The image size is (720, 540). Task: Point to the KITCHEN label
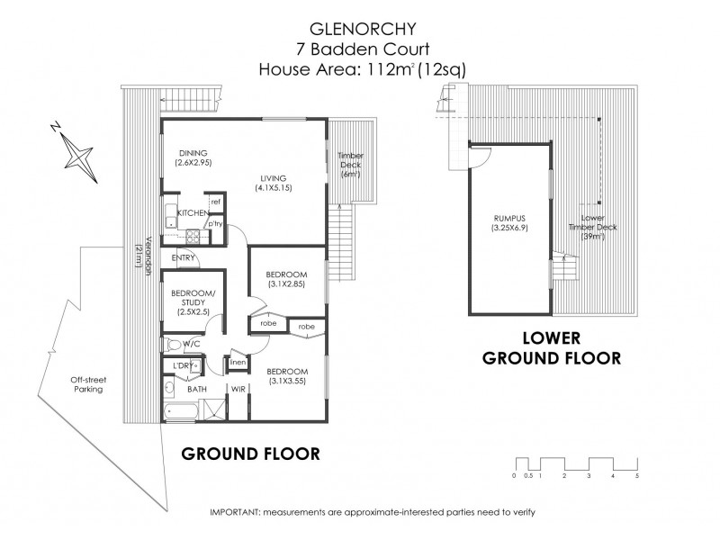(x=192, y=212)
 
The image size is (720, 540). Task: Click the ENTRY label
(x=184, y=257)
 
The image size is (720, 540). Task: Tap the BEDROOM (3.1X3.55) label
(x=287, y=376)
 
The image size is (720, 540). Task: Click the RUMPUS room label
(x=508, y=223)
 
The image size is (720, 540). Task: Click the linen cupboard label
(x=238, y=362)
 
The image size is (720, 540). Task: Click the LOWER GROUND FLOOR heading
(x=552, y=347)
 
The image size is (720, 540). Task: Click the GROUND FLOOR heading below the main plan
(x=250, y=453)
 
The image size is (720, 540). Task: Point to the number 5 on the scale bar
(x=637, y=474)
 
